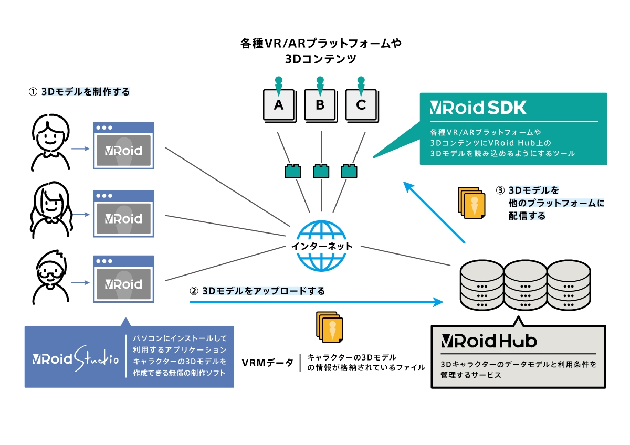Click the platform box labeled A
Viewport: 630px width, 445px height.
tap(279, 104)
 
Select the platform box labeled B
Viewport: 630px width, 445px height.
tap(320, 104)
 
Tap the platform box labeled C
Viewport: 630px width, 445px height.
tap(361, 104)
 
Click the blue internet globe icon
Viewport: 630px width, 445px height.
tap(321, 245)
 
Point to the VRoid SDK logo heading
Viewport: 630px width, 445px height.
tap(478, 108)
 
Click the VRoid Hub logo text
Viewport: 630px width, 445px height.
tap(489, 341)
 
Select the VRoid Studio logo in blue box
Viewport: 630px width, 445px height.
tap(74, 359)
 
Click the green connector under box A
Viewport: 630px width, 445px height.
tap(293, 171)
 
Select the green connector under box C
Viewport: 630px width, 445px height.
tap(349, 171)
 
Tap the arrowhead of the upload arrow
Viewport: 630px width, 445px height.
tap(438, 302)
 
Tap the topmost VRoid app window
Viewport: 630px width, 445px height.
tap(123, 145)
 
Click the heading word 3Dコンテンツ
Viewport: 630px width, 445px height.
tap(320, 59)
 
